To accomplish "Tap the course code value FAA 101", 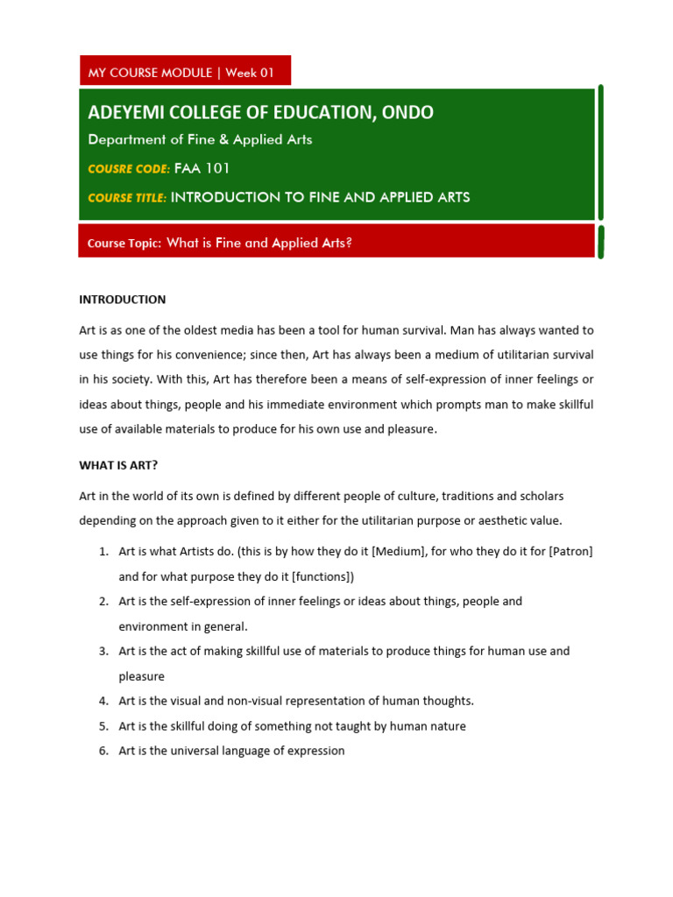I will (x=202, y=168).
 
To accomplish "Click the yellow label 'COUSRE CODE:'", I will (x=129, y=168).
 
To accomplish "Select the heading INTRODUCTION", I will (x=123, y=300).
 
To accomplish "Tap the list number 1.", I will (x=103, y=552).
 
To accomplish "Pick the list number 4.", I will (x=103, y=701).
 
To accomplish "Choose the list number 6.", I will (x=103, y=751).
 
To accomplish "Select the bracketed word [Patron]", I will (x=567, y=552).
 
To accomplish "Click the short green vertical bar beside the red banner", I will (x=600, y=241).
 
